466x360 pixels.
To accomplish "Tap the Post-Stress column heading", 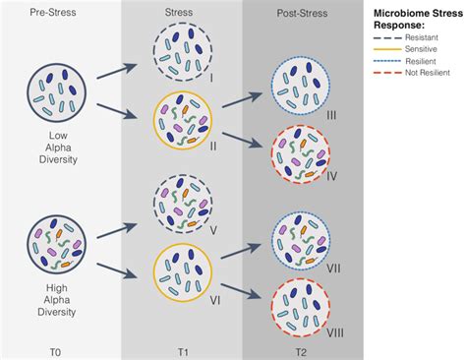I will pyautogui.click(x=302, y=16).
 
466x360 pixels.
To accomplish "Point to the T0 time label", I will pyautogui.click(x=59, y=346).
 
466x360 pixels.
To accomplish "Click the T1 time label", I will pyautogui.click(x=181, y=346).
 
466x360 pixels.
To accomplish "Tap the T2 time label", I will pyautogui.click(x=302, y=346).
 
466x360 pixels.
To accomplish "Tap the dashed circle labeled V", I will pyautogui.click(x=181, y=205).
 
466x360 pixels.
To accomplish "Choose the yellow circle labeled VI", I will pyautogui.click(x=181, y=274).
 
